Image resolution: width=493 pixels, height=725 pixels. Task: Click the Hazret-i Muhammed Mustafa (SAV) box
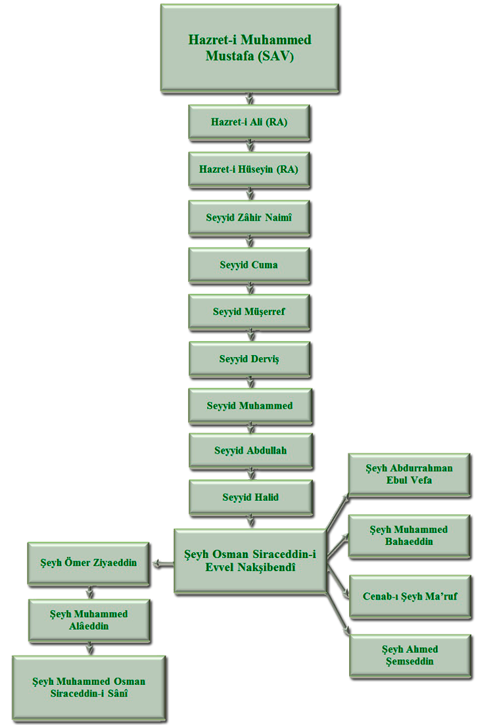point(249,48)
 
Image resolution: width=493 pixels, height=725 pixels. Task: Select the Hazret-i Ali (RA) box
point(249,122)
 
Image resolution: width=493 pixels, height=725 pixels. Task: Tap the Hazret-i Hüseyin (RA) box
point(249,170)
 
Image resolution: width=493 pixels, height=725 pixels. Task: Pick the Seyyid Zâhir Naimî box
point(249,216)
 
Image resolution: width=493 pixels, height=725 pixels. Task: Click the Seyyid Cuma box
point(249,265)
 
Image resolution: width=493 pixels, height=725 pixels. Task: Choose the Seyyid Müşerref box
point(249,312)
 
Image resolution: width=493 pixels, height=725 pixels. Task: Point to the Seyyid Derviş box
point(249,359)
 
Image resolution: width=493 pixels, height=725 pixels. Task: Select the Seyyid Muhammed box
point(249,406)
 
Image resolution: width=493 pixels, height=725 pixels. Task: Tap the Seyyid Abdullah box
point(249,451)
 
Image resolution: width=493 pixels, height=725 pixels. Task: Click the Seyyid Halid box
point(249,498)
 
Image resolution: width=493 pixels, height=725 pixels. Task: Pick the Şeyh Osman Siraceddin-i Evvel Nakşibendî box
point(250,560)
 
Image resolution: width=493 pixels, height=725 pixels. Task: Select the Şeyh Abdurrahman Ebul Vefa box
point(408,475)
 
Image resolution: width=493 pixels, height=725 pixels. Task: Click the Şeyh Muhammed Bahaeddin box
point(408,535)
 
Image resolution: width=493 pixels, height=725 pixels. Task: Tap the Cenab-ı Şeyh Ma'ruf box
point(410,597)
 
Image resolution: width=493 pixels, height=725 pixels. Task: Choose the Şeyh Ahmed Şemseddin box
point(410,655)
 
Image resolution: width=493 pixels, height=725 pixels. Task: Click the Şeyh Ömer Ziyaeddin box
point(87,563)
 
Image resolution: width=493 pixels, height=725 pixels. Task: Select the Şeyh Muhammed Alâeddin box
point(88,619)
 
